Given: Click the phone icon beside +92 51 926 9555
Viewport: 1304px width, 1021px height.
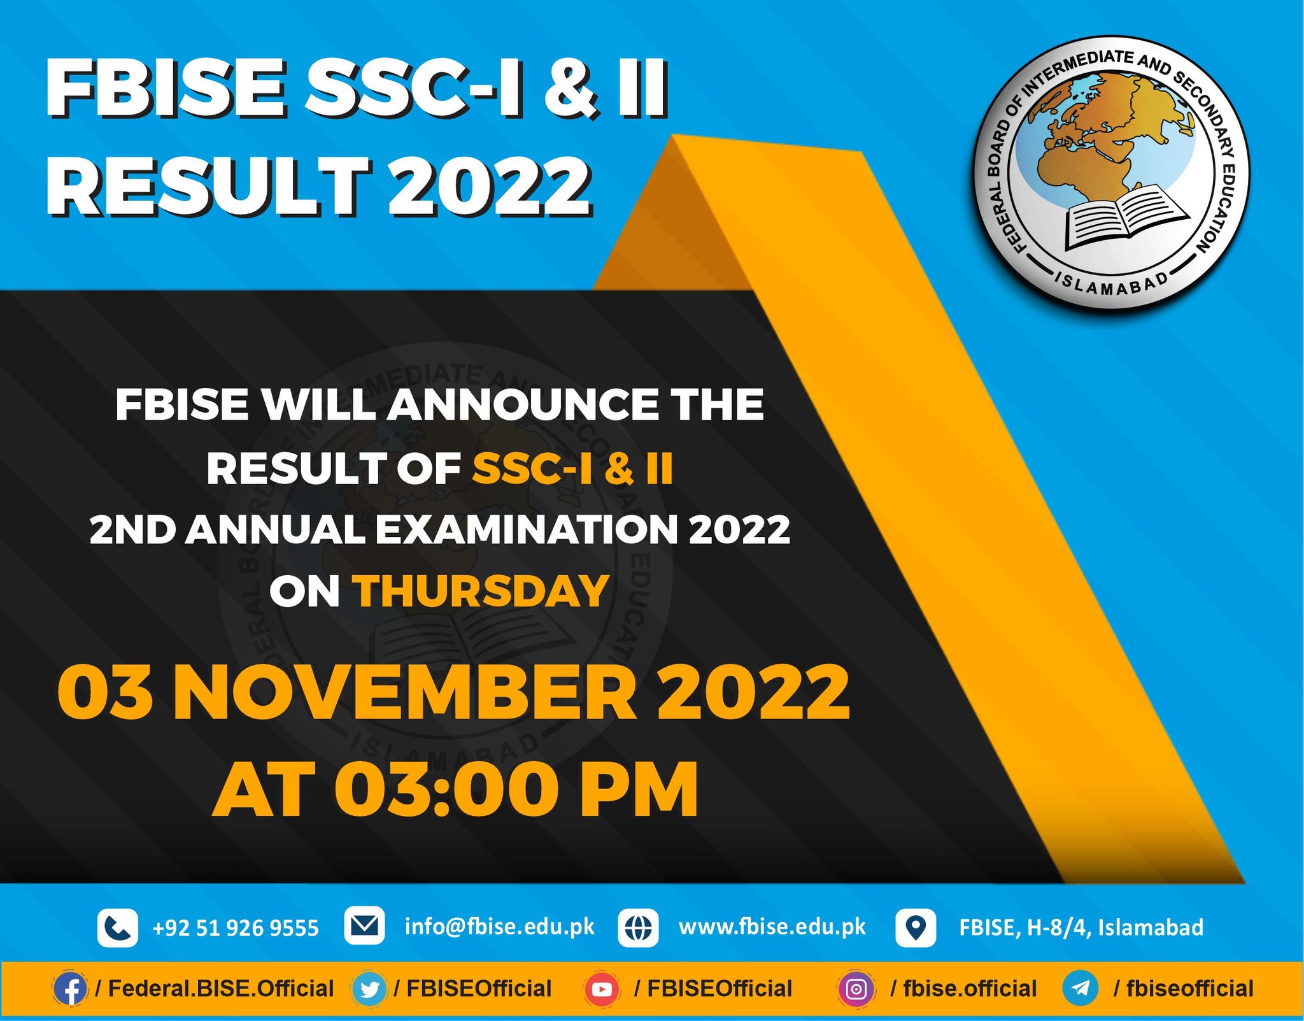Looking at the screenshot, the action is (118, 927).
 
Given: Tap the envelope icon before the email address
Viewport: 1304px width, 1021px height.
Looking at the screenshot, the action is (364, 925).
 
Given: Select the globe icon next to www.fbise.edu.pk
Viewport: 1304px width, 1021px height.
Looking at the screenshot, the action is (638, 927).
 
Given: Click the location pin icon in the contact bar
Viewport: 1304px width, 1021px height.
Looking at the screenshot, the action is (916, 927).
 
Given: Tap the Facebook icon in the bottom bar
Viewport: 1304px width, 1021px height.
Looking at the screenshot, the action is (70, 989).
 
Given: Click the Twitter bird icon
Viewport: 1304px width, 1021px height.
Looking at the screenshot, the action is (369, 989).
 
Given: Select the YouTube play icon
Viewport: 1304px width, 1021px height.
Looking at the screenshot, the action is (602, 989).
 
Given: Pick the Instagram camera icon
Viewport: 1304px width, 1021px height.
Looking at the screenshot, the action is (856, 989).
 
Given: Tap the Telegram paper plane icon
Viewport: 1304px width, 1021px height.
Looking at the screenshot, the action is (1081, 989).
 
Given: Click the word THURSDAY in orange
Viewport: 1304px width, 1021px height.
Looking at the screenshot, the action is (482, 592).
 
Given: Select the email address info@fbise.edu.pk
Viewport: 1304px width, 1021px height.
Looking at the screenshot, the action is (500, 927).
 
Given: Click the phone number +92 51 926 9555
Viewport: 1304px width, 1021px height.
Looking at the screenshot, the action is (236, 928).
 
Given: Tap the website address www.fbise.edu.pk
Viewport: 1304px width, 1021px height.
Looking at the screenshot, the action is (772, 927).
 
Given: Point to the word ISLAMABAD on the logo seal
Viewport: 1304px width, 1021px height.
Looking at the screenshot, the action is (1112, 283).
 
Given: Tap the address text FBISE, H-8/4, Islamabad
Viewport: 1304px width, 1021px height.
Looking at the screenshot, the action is (1081, 927).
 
